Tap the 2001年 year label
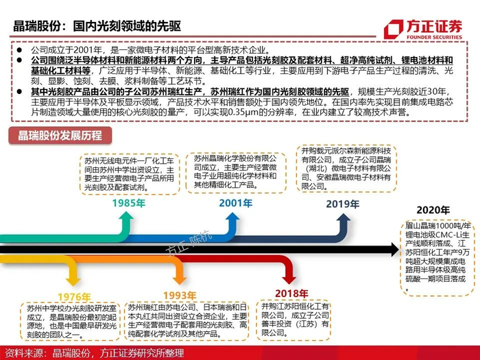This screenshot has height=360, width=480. click(x=235, y=204)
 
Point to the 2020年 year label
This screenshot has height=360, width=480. click(x=434, y=209)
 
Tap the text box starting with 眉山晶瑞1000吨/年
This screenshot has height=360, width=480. click(x=435, y=256)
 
